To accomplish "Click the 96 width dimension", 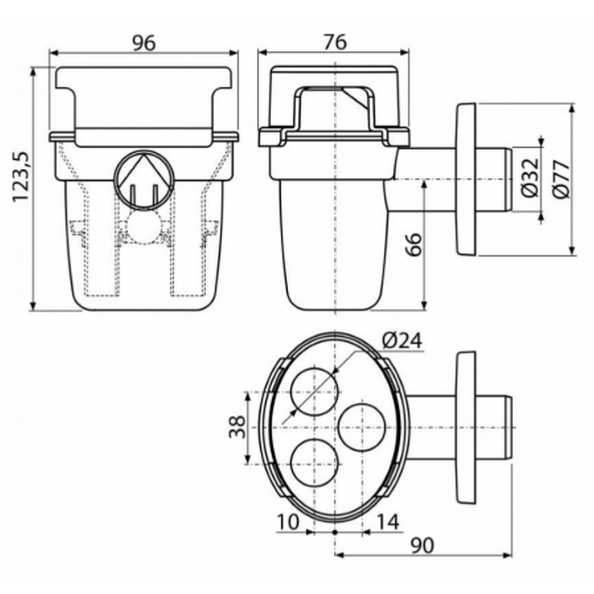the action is click(144, 43).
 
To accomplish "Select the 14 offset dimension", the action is click(387, 522).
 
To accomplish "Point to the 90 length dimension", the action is click(422, 546).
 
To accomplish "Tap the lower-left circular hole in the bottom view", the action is click(315, 463).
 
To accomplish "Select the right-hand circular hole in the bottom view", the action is click(362, 427).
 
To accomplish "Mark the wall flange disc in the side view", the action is click(466, 179).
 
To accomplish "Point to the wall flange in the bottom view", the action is click(466, 427).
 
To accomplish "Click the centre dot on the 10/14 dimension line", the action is click(335, 533).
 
